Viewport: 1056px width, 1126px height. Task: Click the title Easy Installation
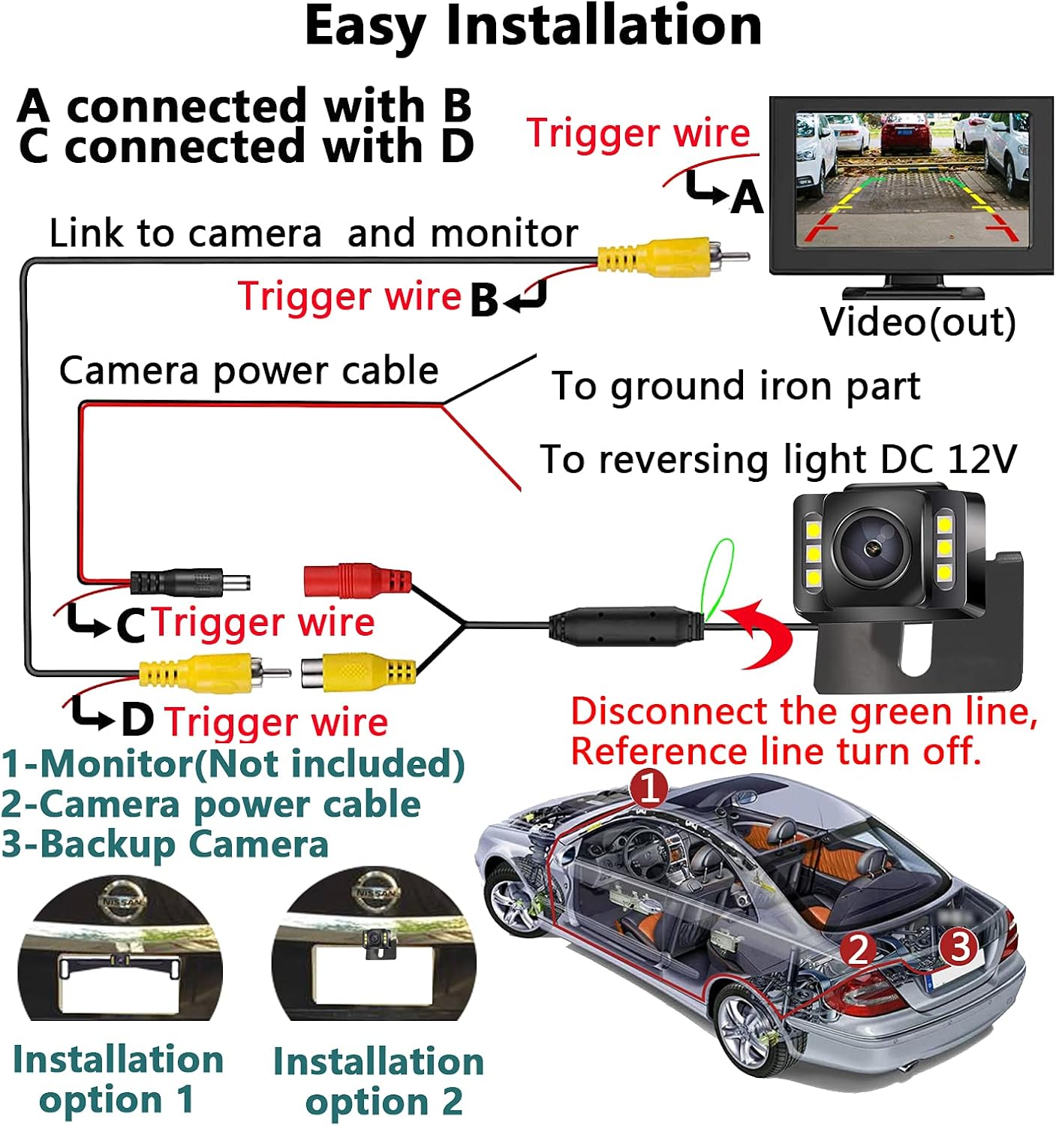click(533, 27)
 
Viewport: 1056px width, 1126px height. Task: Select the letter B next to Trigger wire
click(484, 300)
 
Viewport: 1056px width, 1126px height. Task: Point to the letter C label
click(131, 625)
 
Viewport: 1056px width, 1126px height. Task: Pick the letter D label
click(137, 720)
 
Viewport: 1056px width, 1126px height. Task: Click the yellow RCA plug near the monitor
click(660, 257)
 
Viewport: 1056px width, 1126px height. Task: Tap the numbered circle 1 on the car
click(648, 789)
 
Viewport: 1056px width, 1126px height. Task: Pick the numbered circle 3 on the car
click(960, 946)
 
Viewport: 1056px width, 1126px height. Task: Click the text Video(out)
click(917, 322)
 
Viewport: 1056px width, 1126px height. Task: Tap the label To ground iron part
click(736, 387)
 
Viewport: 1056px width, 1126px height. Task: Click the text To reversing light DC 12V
click(778, 459)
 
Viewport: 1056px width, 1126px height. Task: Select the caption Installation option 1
click(118, 1079)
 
